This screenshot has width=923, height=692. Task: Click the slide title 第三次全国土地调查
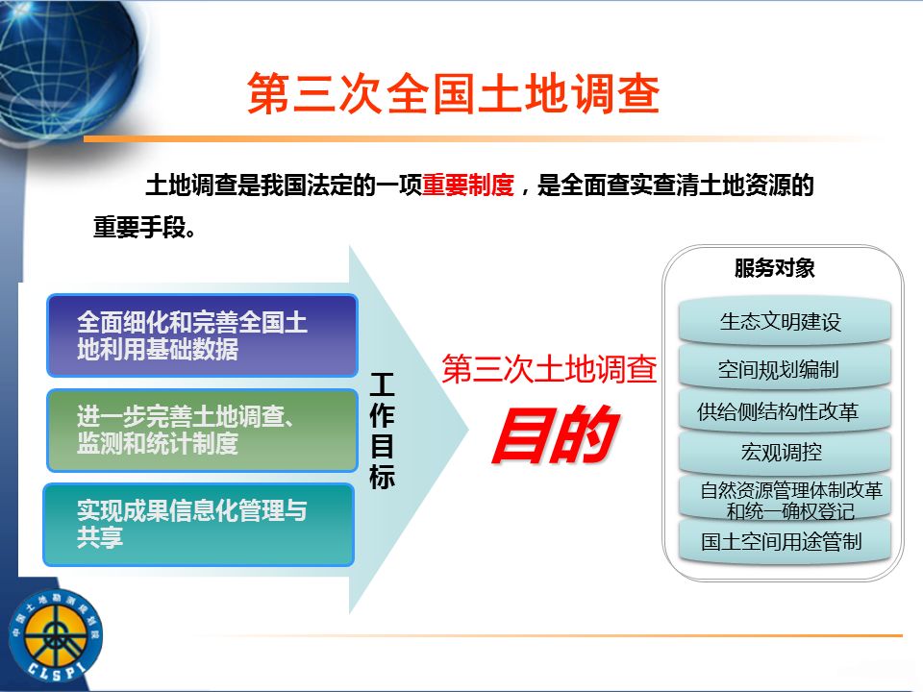tap(453, 93)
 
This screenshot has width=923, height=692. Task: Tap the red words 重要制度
tap(468, 185)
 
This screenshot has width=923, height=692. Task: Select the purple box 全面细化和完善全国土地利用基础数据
tap(203, 335)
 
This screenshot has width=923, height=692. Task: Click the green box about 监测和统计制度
tap(203, 431)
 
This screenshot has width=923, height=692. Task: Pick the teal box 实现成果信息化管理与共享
tap(199, 525)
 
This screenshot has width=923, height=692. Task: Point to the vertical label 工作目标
tap(382, 431)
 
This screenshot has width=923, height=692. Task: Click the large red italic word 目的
tap(555, 434)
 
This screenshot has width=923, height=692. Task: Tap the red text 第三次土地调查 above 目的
tap(549, 369)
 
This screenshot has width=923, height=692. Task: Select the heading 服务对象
tap(774, 268)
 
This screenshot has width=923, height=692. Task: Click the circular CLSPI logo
tap(56, 636)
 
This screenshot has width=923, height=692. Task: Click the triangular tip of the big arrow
tap(468, 431)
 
